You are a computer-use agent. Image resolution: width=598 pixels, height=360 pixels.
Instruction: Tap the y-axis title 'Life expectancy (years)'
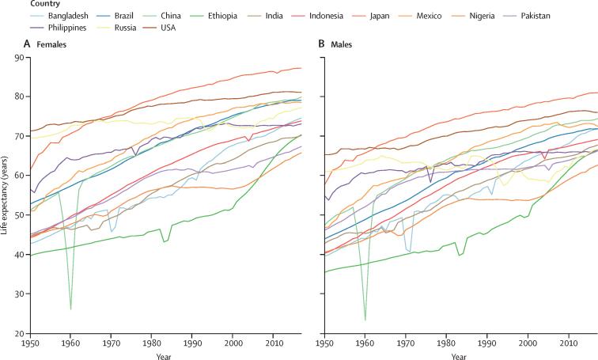click(x=6, y=195)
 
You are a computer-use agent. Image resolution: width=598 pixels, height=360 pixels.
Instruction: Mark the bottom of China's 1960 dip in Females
click(x=71, y=309)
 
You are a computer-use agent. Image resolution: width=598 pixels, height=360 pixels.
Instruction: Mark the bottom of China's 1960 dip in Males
click(x=365, y=319)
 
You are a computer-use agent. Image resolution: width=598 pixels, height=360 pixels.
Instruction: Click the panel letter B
click(x=322, y=44)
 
